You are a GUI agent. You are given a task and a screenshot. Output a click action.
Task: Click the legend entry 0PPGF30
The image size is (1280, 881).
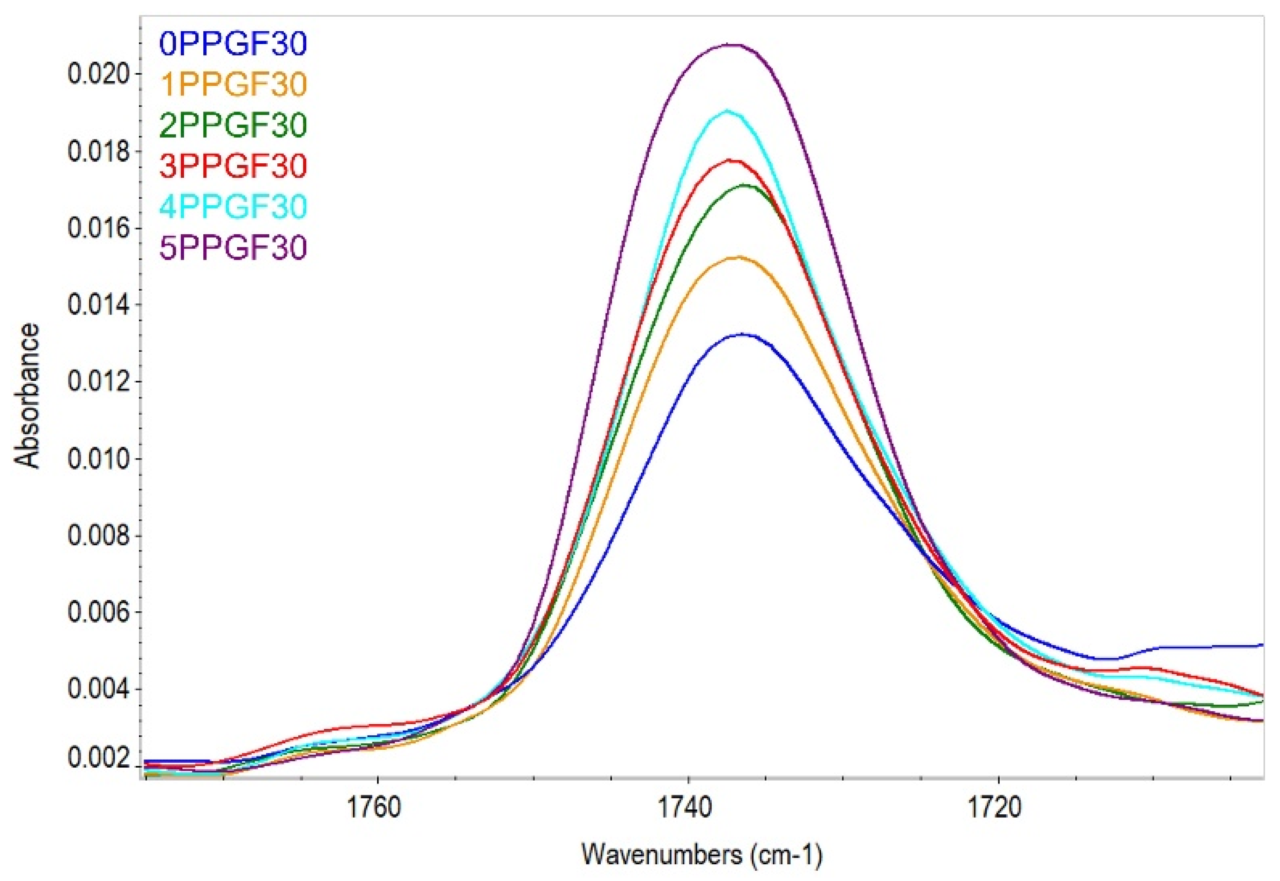click(x=233, y=44)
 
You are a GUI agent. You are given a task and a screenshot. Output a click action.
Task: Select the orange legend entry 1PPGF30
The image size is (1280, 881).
click(x=233, y=85)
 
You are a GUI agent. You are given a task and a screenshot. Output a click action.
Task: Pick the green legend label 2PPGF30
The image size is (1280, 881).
click(x=233, y=125)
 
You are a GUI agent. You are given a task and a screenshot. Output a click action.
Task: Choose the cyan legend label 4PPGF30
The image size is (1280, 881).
click(x=233, y=207)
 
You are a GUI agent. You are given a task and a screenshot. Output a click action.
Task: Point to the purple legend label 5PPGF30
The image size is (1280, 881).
click(x=233, y=248)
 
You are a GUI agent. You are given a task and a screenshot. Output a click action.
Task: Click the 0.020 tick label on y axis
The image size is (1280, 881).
click(x=98, y=74)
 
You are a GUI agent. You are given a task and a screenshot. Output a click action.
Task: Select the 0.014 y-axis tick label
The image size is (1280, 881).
click(x=98, y=305)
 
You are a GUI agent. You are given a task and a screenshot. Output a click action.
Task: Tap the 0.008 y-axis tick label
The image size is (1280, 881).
click(x=98, y=536)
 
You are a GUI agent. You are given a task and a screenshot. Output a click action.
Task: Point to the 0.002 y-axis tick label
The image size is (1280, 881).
click(x=98, y=758)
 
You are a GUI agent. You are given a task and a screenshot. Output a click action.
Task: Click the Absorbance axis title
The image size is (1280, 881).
click(x=26, y=395)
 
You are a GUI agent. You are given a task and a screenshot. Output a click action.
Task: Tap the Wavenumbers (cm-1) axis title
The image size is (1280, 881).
click(x=702, y=855)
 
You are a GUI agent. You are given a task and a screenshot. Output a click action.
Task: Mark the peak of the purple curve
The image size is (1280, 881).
click(x=734, y=45)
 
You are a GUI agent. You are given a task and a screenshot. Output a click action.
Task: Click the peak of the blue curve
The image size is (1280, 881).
click(x=742, y=335)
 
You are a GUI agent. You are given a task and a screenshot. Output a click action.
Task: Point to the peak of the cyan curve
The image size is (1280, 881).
click(x=728, y=110)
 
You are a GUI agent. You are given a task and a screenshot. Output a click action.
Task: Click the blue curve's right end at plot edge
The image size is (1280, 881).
click(x=1261, y=645)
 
